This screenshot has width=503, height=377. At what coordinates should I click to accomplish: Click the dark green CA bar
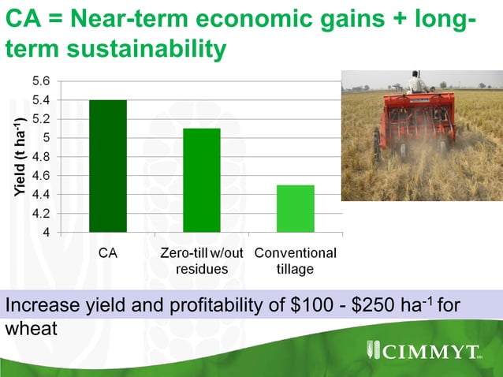(x=107, y=166)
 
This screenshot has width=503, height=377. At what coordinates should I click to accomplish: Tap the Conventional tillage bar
(x=295, y=208)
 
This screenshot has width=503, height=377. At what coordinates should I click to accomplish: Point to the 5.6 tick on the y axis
(x=41, y=81)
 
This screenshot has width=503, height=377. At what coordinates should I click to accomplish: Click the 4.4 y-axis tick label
(x=41, y=194)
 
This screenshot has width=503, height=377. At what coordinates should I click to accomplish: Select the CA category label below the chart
(x=108, y=254)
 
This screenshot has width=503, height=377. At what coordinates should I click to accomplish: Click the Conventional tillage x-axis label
(x=295, y=261)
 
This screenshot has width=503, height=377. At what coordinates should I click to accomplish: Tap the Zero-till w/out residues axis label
(x=201, y=261)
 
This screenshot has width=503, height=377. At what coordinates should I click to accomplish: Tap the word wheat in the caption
(x=32, y=327)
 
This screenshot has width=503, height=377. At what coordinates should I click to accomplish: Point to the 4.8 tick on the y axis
(x=41, y=156)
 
